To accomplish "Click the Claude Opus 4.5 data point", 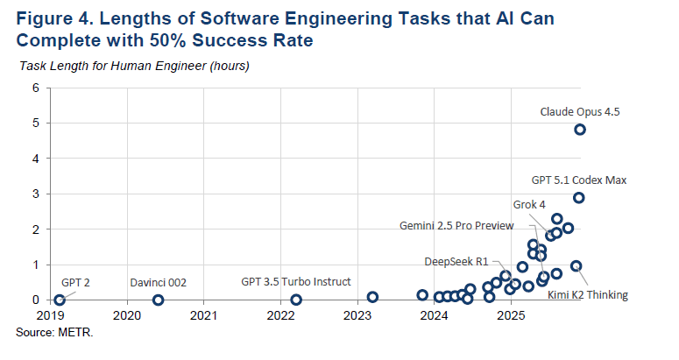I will coord(579,130).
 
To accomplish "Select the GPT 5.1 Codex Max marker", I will coord(578,198).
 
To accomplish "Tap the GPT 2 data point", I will coord(60,300).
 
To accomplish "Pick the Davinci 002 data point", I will coord(158,300).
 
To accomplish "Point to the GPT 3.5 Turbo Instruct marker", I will coord(296,300).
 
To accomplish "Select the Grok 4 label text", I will coord(529,204).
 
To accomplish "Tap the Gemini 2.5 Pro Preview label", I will coord(456,226).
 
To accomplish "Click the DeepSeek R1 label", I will coord(456,261).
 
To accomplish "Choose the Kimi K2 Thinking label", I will coord(588,295).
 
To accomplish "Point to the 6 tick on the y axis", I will coord(36,88).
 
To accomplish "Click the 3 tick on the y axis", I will coord(36,194).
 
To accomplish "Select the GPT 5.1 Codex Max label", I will coord(579,180).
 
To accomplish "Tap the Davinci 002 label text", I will coord(159,283).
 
